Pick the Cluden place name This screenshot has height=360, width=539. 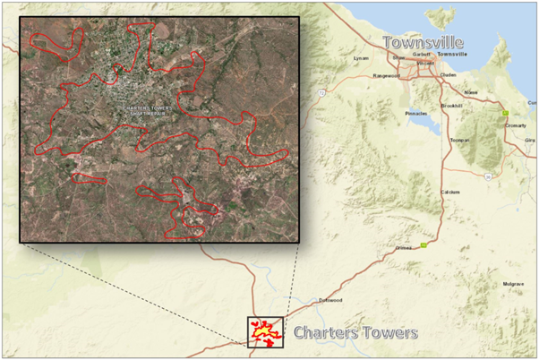click(x=449, y=75)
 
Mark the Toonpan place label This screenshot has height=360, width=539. click(x=460, y=141)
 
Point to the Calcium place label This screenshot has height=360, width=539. click(x=450, y=193)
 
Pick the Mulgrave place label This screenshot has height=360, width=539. click(x=512, y=283)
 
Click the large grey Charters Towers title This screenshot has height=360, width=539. click(x=355, y=333)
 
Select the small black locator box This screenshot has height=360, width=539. click(x=265, y=331)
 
